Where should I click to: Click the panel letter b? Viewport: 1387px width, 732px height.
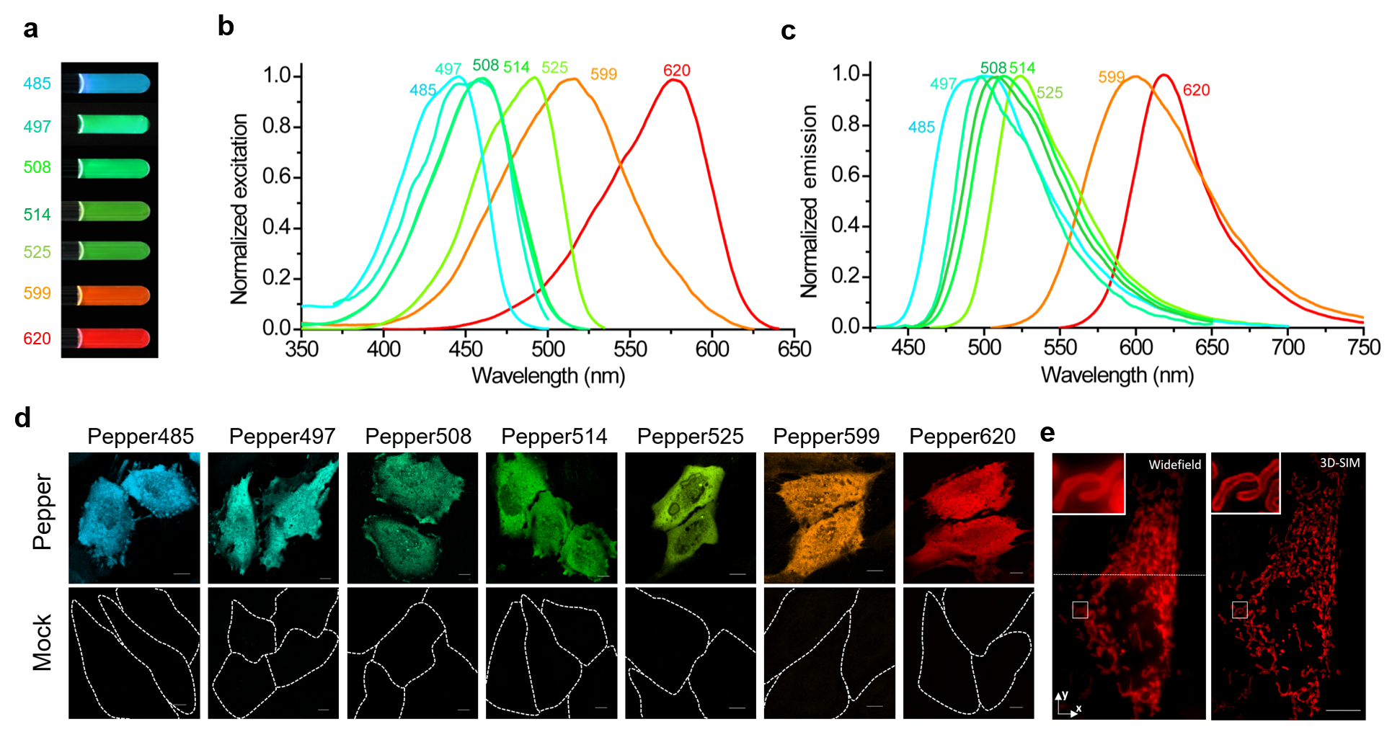(x=226, y=27)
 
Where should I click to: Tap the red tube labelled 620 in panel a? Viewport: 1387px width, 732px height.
(x=113, y=338)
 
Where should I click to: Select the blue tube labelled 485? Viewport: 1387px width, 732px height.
(x=113, y=84)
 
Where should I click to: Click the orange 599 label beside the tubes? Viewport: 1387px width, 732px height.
(x=37, y=293)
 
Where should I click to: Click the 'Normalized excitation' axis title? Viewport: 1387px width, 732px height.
(x=239, y=209)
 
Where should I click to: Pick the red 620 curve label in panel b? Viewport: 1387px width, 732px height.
(x=676, y=71)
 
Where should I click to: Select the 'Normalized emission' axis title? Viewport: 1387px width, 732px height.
(x=809, y=202)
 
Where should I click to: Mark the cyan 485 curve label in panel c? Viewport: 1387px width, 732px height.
(x=921, y=128)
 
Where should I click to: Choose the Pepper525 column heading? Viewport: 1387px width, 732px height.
(x=690, y=437)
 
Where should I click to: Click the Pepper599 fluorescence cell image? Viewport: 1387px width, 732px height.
(x=829, y=517)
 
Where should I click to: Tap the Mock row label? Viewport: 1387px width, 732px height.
(x=43, y=643)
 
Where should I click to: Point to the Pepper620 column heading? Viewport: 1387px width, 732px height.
(x=962, y=437)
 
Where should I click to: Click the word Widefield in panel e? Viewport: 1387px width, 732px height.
(x=1174, y=465)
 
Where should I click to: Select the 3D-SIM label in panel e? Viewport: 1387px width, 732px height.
(x=1339, y=463)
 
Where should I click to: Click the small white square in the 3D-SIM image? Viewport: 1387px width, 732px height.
(x=1239, y=610)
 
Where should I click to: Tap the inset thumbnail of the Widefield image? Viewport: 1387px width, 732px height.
(x=1088, y=483)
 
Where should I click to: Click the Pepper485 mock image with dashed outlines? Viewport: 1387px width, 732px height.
(x=134, y=653)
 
